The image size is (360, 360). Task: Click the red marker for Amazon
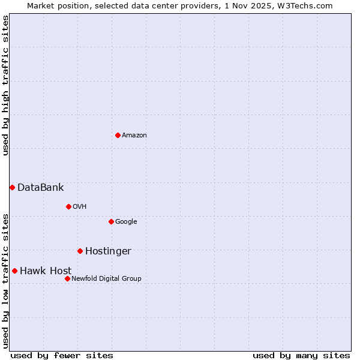click(118, 135)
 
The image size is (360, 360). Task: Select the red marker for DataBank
click(12, 187)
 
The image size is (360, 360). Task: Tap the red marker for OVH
click(68, 206)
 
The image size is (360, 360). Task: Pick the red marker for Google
click(111, 221)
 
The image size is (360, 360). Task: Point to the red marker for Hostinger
click(80, 251)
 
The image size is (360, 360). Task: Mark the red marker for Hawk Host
click(14, 271)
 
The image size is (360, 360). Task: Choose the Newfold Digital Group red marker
click(67, 278)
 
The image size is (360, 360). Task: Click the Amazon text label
click(134, 136)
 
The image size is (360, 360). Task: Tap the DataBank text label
click(40, 188)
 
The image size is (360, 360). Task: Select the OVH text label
click(80, 207)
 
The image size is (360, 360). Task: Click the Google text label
click(126, 222)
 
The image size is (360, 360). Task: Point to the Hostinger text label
click(108, 251)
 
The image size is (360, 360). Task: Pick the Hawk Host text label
click(46, 271)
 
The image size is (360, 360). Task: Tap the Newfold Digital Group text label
click(106, 278)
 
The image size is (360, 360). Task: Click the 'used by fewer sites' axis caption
click(62, 355)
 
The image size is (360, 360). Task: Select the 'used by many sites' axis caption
click(301, 355)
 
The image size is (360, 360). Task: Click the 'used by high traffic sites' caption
click(6, 85)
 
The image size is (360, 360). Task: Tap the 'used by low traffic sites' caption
click(6, 280)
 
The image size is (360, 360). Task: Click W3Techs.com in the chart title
click(305, 5)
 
